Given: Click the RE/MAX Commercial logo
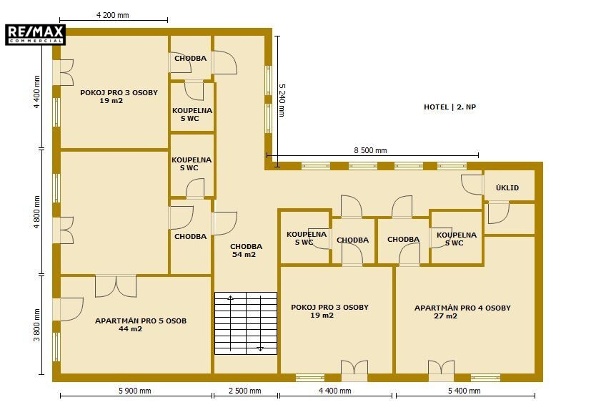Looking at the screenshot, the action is click(35, 34).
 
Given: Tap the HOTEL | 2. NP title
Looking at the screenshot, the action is click(449, 107).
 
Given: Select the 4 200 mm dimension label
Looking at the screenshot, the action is click(113, 15).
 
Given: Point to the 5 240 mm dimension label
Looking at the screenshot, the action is click(282, 100).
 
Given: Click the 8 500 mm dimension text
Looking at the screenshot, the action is click(370, 150).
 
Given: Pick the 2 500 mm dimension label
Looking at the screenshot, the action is click(245, 391).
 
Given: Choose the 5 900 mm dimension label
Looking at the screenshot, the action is click(135, 391).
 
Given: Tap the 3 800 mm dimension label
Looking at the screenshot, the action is click(36, 325).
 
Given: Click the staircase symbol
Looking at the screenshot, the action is click(246, 323).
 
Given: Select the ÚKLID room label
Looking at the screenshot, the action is click(507, 187).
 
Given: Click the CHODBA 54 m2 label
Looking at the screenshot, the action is click(246, 250).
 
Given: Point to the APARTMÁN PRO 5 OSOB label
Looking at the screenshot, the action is click(141, 321).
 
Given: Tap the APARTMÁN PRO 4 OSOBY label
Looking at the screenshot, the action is click(462, 308).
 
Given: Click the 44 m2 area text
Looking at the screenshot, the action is click(130, 329).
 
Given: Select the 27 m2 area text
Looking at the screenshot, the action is click(445, 316).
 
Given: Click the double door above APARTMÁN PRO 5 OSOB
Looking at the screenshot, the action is click(116, 286).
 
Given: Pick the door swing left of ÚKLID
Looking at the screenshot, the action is click(472, 185).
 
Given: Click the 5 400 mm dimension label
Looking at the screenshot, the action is click(465, 391).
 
